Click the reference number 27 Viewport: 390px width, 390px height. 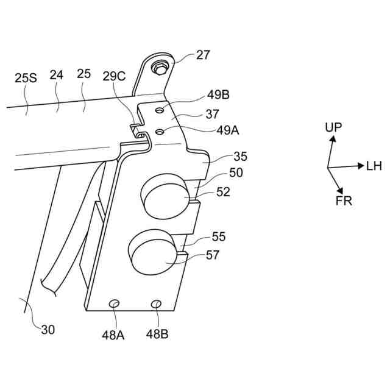coord(203,55)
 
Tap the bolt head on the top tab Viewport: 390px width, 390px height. coord(161,67)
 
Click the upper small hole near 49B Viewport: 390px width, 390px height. coord(159,110)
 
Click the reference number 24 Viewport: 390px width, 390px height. coord(57,74)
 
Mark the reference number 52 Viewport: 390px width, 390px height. coord(223,191)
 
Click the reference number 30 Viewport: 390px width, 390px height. coord(48,330)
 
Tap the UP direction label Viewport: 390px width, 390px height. coord(333,127)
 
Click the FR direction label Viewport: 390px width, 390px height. coord(344,200)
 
